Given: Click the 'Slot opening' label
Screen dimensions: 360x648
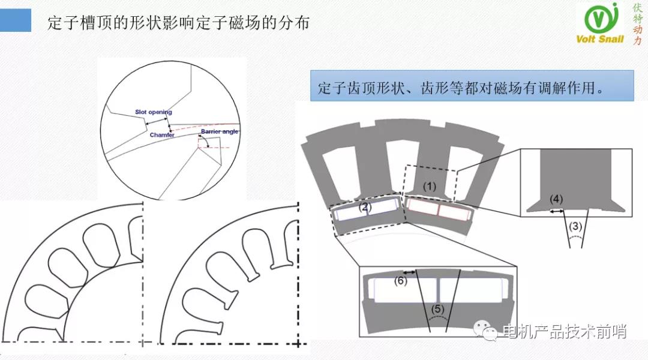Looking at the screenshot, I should pos(153,112).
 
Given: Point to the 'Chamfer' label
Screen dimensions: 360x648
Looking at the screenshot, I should pos(162,135).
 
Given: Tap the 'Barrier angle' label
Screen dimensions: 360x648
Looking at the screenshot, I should pos(220,131).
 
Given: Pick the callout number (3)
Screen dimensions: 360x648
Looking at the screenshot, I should pos(575,226).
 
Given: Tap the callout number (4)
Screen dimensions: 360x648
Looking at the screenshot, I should pos(556,199).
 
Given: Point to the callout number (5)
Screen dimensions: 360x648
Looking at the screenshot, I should pos(439,310).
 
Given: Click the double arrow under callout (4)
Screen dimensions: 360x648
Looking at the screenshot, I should pos(557,211).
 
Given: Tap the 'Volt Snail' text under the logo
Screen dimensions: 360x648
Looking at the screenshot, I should pos(600,39).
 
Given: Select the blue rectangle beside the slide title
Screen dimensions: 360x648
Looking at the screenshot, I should pos(16,20).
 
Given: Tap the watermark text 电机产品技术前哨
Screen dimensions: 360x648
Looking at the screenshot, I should pos(564,331).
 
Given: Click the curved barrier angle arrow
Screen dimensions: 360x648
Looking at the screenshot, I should pos(203,142).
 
